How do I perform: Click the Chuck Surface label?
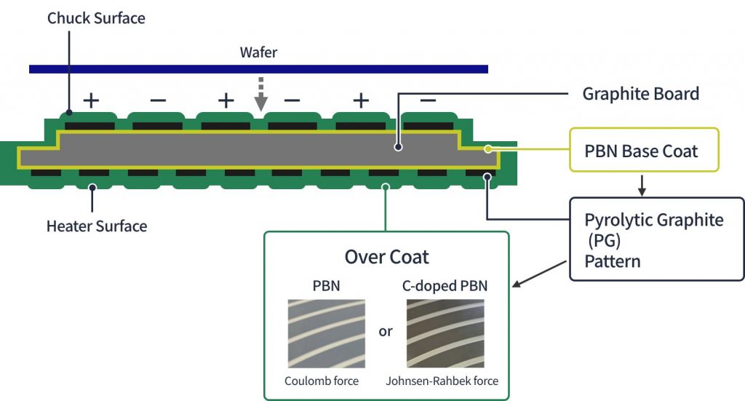[x=96, y=18]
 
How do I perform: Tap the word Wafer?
[x=258, y=52]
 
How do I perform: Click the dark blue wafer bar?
[x=258, y=69]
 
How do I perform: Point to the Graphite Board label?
[x=640, y=93]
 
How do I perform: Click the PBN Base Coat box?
[x=644, y=151]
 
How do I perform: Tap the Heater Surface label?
[x=97, y=226]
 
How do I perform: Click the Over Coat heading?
[x=386, y=257]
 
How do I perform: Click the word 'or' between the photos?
[x=386, y=331]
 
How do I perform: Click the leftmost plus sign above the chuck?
[x=91, y=100]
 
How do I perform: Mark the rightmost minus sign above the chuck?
[x=428, y=100]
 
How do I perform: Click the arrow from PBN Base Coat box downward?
[x=642, y=185]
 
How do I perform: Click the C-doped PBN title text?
[x=445, y=286]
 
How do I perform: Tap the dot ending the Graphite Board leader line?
[x=398, y=147]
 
